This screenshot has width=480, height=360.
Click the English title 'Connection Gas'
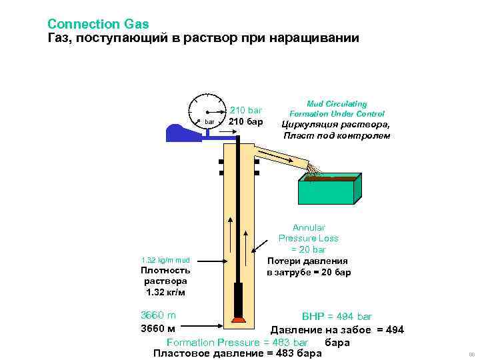tap(98, 24)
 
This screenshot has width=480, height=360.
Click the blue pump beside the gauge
tap(181, 132)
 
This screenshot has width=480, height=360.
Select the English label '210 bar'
tap(247, 110)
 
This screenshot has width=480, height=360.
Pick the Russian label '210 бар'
tap(247, 122)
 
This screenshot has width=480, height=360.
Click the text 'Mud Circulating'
tap(337, 104)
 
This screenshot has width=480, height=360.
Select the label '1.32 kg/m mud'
tap(165, 260)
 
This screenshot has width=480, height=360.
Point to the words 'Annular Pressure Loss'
tap(309, 233)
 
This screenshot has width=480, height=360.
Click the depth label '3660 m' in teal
tap(158, 315)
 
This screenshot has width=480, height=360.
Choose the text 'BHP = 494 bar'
tap(337, 317)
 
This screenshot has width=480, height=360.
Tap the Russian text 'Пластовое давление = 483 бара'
tap(237, 353)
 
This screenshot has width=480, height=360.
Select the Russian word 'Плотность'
tap(165, 270)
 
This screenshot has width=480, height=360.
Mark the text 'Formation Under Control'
tap(337, 114)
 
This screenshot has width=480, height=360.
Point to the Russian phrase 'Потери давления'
tap(308, 261)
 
